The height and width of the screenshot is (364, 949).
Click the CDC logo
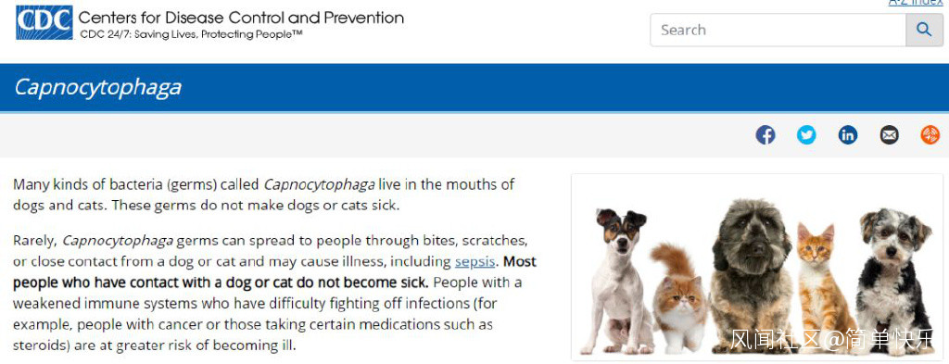[x=44, y=22]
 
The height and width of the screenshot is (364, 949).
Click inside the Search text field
[x=778, y=30]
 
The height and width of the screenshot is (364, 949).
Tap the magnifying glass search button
[x=924, y=30]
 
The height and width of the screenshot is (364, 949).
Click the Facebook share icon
[x=765, y=135]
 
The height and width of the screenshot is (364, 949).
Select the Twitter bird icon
[x=806, y=135]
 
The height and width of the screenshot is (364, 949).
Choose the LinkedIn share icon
[x=848, y=135]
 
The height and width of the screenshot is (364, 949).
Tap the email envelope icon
[x=889, y=135]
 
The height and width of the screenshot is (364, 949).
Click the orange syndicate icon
[x=930, y=135]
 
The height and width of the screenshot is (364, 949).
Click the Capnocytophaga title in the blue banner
[x=97, y=87]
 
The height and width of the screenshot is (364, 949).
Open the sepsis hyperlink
[x=475, y=262]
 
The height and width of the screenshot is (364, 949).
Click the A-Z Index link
[x=915, y=3]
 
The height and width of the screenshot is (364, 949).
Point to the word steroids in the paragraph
[x=38, y=345]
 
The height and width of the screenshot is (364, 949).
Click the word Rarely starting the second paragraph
[x=35, y=241]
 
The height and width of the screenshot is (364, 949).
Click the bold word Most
[x=520, y=262]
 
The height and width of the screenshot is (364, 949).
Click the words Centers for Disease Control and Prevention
[x=241, y=18]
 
